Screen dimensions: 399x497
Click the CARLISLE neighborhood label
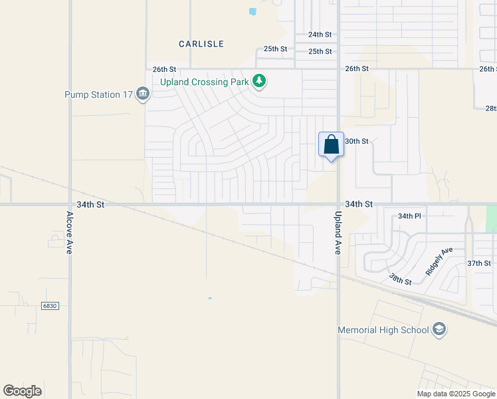(x=201, y=44)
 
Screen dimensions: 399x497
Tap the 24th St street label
(x=320, y=35)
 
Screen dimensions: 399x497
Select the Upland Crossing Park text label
(x=204, y=82)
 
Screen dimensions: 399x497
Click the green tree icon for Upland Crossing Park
(x=259, y=82)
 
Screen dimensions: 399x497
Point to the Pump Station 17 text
(x=99, y=95)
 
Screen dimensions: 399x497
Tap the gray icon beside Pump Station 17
(x=142, y=95)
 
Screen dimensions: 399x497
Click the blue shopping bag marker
(x=332, y=145)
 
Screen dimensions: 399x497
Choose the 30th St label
(x=357, y=142)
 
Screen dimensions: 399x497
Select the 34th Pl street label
(x=409, y=217)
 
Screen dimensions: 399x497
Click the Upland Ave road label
(x=338, y=234)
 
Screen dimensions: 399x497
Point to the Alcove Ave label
(x=69, y=233)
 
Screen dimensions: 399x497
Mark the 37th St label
(x=478, y=263)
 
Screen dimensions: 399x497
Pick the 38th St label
(x=400, y=279)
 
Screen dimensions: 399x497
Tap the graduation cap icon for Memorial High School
(x=439, y=329)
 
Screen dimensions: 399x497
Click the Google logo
(x=23, y=391)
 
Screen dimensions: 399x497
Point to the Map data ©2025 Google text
(x=456, y=394)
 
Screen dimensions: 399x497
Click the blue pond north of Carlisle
(x=252, y=11)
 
